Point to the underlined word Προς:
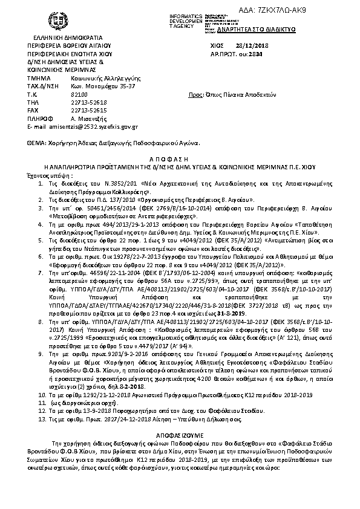pyautogui.click(x=195, y=95)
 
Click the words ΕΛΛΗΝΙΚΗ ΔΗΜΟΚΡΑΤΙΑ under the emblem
pyautogui.click(x=61, y=37)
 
